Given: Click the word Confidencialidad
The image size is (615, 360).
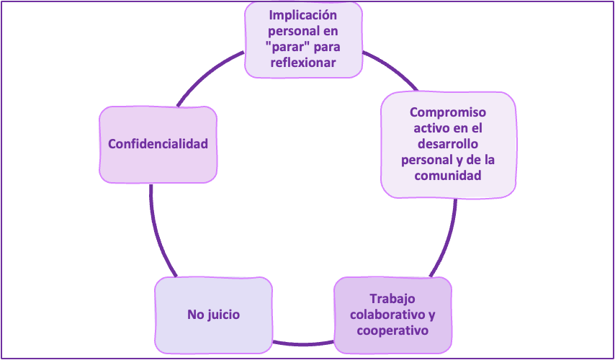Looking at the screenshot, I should tap(158, 144).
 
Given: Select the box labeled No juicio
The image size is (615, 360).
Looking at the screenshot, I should tap(213, 315).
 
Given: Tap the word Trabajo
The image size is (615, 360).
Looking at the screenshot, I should tap(393, 299).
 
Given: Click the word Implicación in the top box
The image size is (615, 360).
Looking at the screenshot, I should tap(302, 16).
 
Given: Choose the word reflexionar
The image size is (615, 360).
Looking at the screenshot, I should tap(302, 63).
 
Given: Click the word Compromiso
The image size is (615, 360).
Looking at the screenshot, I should tap(448, 112).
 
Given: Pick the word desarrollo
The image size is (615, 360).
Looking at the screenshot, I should tap(448, 143).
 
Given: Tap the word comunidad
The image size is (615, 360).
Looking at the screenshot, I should tap(448, 175).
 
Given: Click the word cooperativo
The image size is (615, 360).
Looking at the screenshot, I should tap(393, 330).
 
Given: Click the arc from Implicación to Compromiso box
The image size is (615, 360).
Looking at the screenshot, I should tap(389, 68).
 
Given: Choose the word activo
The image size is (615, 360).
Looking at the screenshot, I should tap(432, 128).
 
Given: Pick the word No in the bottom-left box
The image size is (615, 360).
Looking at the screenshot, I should tap(194, 315).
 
